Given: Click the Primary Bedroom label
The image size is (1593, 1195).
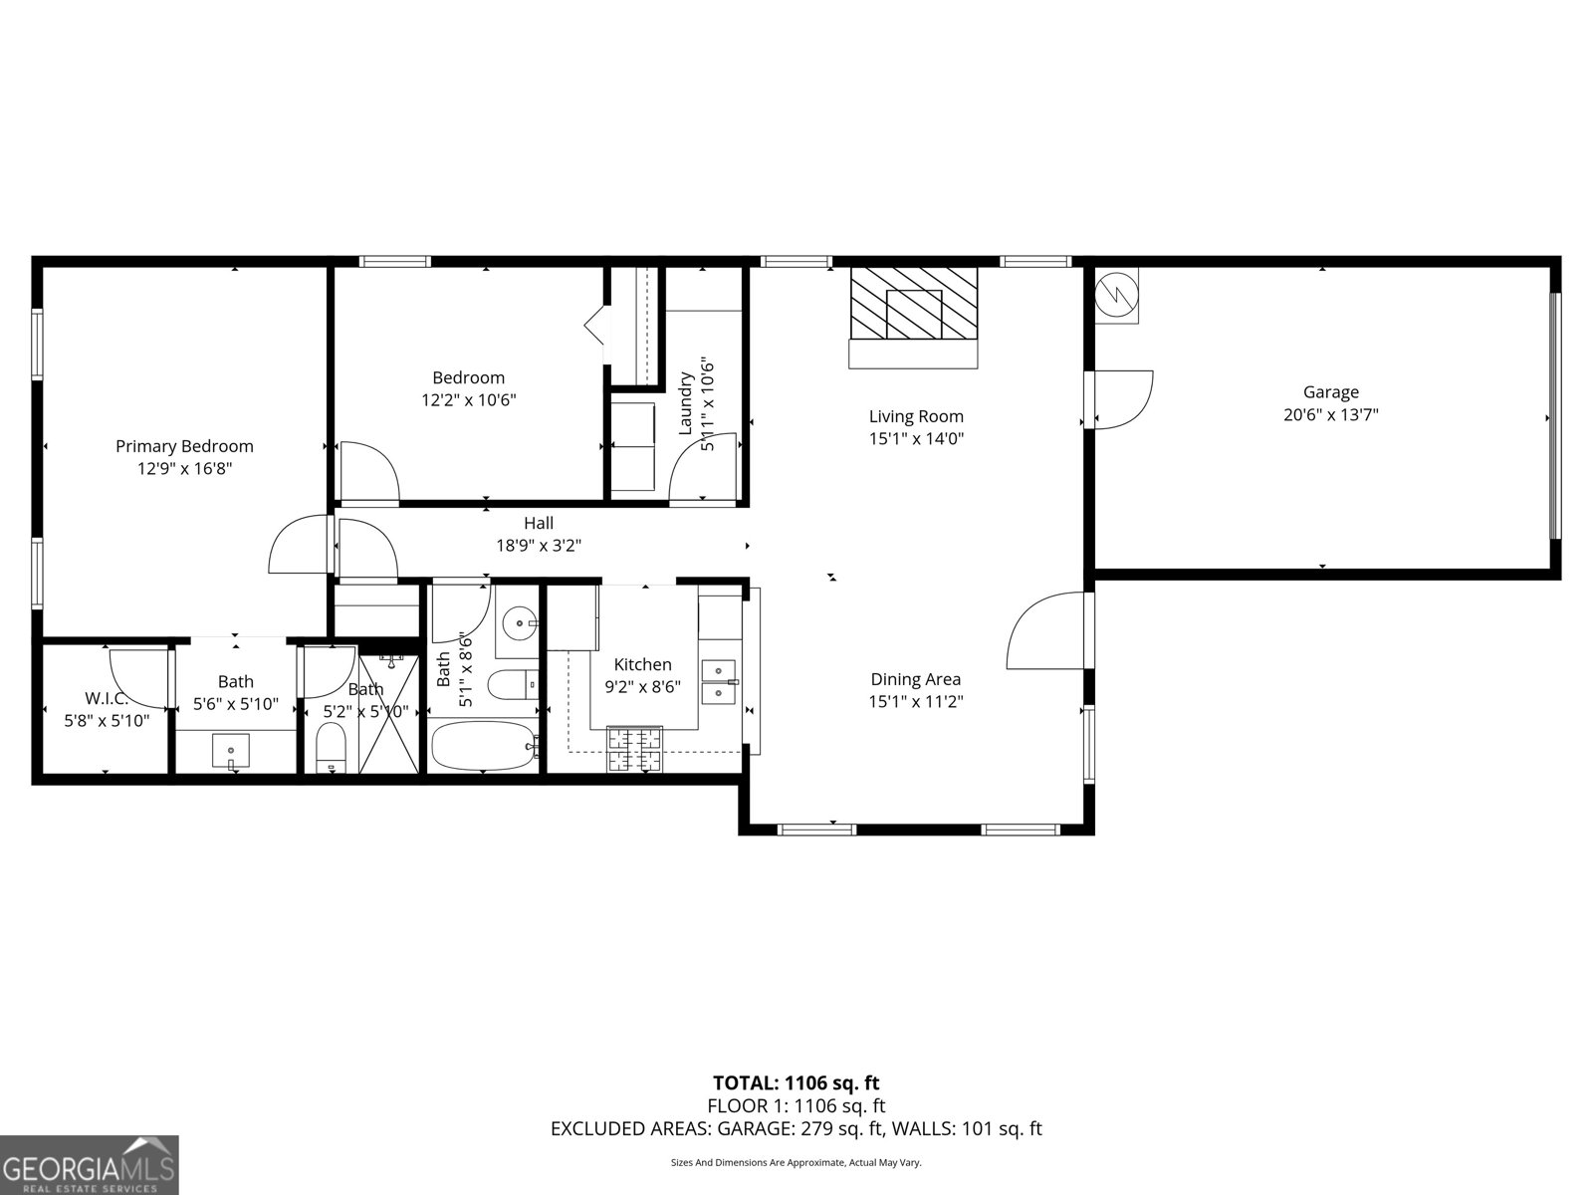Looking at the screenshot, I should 184,446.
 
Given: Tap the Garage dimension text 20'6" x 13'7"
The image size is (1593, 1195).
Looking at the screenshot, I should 1330,414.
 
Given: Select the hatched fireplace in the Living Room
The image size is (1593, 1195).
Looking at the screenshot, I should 913,303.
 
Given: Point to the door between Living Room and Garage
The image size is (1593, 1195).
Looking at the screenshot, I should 1122,399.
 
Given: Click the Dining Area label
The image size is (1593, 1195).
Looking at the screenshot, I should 915,679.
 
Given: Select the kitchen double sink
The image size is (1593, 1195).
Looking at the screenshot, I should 718,679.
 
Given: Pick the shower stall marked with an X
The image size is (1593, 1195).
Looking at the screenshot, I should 389,713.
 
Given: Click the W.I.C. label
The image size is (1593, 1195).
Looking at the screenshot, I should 107,698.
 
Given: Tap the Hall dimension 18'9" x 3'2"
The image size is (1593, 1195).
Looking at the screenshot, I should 539,545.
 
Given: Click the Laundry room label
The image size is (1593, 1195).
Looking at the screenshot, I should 686,403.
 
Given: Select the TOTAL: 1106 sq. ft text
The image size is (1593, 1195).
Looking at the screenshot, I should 796,1082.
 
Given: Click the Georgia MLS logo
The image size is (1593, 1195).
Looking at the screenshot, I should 89,1164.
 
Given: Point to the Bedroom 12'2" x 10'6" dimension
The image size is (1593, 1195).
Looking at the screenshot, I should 468,399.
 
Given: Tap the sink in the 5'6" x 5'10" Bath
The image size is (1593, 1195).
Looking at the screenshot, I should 231,750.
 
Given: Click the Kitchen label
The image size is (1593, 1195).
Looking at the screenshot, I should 642,664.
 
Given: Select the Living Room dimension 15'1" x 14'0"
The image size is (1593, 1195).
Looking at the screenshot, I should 916,437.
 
